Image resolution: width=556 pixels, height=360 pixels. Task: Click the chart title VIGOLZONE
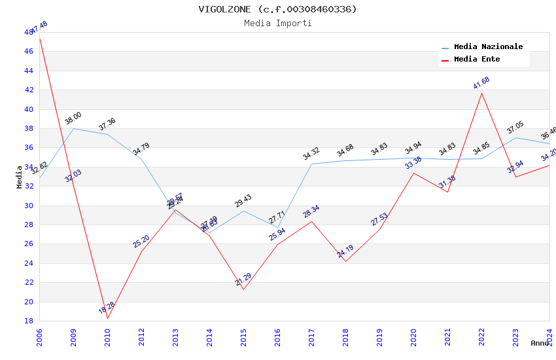point(277,9)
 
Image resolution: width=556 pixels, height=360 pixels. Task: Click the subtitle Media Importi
point(277,24)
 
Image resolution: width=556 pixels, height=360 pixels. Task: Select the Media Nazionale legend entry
point(488,47)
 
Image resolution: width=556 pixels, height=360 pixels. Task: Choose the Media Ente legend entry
point(477,60)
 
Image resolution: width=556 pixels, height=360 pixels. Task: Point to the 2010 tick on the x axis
point(108,337)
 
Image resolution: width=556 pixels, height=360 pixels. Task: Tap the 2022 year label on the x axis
point(482,337)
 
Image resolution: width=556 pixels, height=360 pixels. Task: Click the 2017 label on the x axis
point(312,337)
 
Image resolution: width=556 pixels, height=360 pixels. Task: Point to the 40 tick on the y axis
point(29,109)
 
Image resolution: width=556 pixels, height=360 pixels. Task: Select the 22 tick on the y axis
point(29,282)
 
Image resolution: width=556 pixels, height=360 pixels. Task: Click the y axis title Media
point(20,177)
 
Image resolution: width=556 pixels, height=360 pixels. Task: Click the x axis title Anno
point(540,343)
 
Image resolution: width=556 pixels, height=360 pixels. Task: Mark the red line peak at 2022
point(482,93)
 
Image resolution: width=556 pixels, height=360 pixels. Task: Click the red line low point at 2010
point(107,318)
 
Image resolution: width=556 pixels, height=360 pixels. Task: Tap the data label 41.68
point(481,83)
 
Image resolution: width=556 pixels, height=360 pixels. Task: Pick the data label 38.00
point(73,118)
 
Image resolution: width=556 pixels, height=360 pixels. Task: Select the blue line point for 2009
point(73,128)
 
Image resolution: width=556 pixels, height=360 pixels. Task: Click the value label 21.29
point(243,279)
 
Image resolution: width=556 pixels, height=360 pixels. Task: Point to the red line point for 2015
point(243,289)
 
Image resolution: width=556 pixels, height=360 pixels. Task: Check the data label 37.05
point(515,128)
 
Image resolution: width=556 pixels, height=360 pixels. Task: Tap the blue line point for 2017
point(312,164)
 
